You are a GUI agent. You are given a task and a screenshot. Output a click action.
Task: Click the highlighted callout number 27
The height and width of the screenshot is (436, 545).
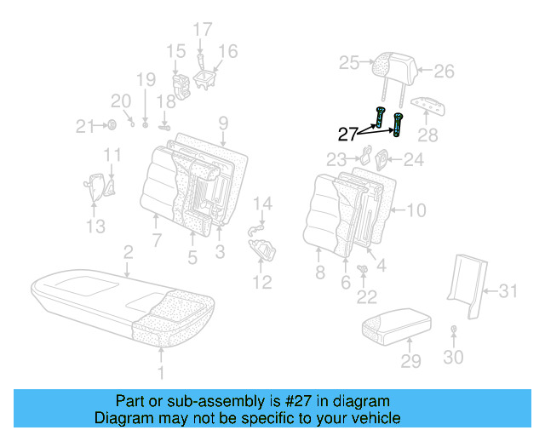[x=347, y=134]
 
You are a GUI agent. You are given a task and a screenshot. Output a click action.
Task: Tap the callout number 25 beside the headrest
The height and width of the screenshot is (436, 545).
[x=349, y=62]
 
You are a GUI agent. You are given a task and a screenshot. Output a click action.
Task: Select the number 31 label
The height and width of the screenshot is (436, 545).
[x=508, y=292]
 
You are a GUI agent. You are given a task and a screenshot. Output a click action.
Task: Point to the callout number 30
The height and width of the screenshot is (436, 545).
[x=453, y=357]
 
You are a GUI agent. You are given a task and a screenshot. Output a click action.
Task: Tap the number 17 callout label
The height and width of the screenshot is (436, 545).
[x=202, y=30]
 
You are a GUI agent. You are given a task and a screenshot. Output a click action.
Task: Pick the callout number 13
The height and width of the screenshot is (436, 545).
[x=96, y=226]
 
